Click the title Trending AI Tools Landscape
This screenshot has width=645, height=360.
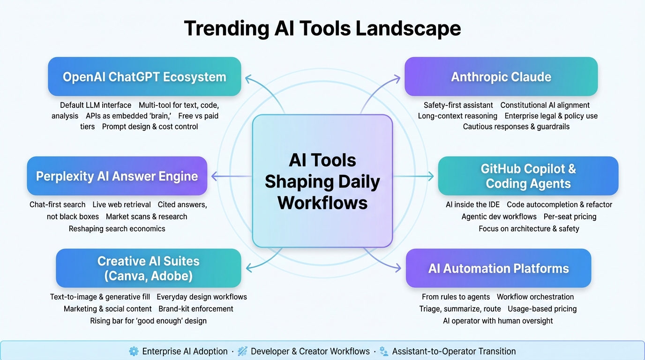[322, 29]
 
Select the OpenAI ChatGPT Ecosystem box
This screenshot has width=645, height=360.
[144, 77]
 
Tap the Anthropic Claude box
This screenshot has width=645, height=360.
[501, 77]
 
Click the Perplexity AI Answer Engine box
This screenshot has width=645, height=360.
[117, 176]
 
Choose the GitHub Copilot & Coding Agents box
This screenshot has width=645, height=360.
[528, 176]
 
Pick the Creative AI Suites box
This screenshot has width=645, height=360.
[148, 268]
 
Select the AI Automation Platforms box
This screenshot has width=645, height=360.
[498, 268]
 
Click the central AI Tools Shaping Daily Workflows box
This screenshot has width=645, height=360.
[322, 181]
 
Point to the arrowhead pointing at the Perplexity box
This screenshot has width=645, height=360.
[215, 176]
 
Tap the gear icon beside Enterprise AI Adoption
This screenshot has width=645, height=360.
[134, 351]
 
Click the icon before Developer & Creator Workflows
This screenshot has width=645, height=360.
[242, 351]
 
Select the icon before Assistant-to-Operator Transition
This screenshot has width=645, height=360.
[384, 351]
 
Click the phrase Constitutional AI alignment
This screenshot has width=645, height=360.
[545, 105]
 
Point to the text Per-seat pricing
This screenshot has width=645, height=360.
[570, 217]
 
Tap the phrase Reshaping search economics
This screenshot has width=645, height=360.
[117, 229]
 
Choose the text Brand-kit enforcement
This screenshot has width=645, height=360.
[196, 309]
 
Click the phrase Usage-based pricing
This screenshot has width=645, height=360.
[542, 309]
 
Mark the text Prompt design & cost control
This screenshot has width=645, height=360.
[150, 127]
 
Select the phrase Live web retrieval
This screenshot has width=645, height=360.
[121, 204]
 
